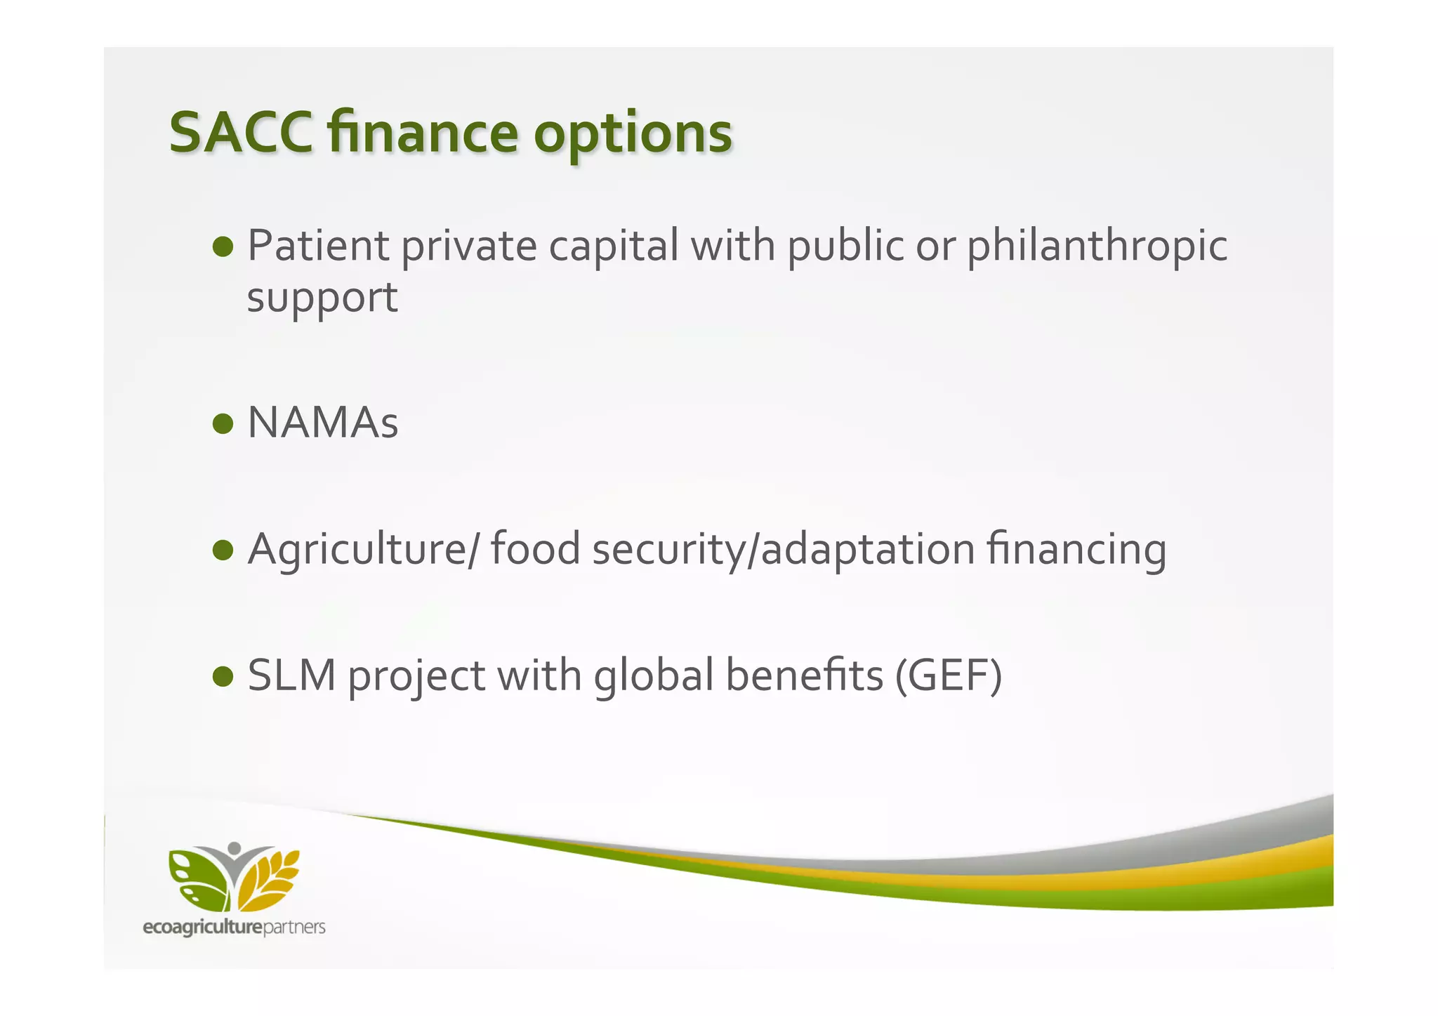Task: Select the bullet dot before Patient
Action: click(x=223, y=247)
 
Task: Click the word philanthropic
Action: click(x=1097, y=247)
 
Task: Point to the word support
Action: click(x=322, y=298)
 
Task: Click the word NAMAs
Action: click(x=323, y=423)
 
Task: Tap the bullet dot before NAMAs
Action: click(x=223, y=423)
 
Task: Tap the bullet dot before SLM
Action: click(x=223, y=675)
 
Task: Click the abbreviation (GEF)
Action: click(x=949, y=675)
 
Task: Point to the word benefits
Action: click(x=804, y=675)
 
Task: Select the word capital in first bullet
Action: click(x=613, y=247)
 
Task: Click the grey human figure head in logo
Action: click(x=235, y=847)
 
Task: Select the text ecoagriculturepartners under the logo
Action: click(x=234, y=928)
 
